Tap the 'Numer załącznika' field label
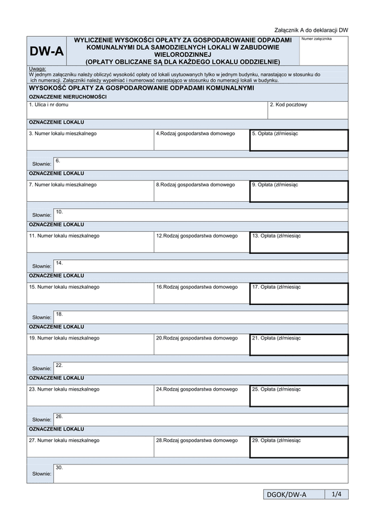click(316, 39)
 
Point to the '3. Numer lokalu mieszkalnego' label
click(63, 133)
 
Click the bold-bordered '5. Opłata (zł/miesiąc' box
click(299, 140)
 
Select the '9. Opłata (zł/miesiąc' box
click(299, 191)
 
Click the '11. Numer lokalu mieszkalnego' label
click(64, 236)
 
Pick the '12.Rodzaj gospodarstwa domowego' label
click(197, 236)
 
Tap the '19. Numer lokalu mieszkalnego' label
click(64, 338)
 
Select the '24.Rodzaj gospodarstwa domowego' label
click(197, 389)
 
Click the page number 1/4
click(336, 494)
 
